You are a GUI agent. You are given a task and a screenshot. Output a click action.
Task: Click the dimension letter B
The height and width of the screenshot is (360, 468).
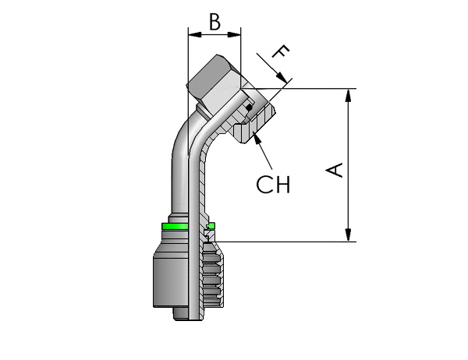[x=214, y=22]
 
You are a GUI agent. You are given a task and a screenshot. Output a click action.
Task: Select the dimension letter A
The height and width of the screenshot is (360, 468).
[x=335, y=170]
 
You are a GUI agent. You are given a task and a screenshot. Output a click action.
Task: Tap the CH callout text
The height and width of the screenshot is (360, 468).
[x=273, y=185]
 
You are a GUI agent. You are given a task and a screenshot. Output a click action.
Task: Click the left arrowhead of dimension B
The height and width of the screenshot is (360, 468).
[x=195, y=34]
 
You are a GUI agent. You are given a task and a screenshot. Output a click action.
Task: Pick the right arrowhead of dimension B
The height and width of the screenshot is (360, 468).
[x=234, y=34]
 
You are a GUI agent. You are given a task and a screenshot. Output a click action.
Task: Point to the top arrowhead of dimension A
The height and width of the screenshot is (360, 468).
[x=348, y=95]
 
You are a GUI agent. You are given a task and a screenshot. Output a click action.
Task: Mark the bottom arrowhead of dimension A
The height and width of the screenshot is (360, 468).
[x=348, y=235]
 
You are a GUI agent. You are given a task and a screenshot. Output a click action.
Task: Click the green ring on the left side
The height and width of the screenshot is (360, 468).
[x=175, y=226]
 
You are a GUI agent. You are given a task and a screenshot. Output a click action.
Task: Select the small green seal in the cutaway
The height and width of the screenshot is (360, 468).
[x=211, y=225]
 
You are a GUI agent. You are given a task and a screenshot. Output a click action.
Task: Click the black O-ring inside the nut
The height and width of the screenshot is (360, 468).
[x=250, y=108]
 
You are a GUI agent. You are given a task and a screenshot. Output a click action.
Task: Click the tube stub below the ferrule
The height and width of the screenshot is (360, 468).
[x=181, y=314]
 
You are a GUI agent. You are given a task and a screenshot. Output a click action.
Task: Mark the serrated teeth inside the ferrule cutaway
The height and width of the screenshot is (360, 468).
[x=212, y=274]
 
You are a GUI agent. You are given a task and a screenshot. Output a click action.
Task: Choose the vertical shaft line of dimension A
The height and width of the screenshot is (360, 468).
[x=348, y=165]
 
